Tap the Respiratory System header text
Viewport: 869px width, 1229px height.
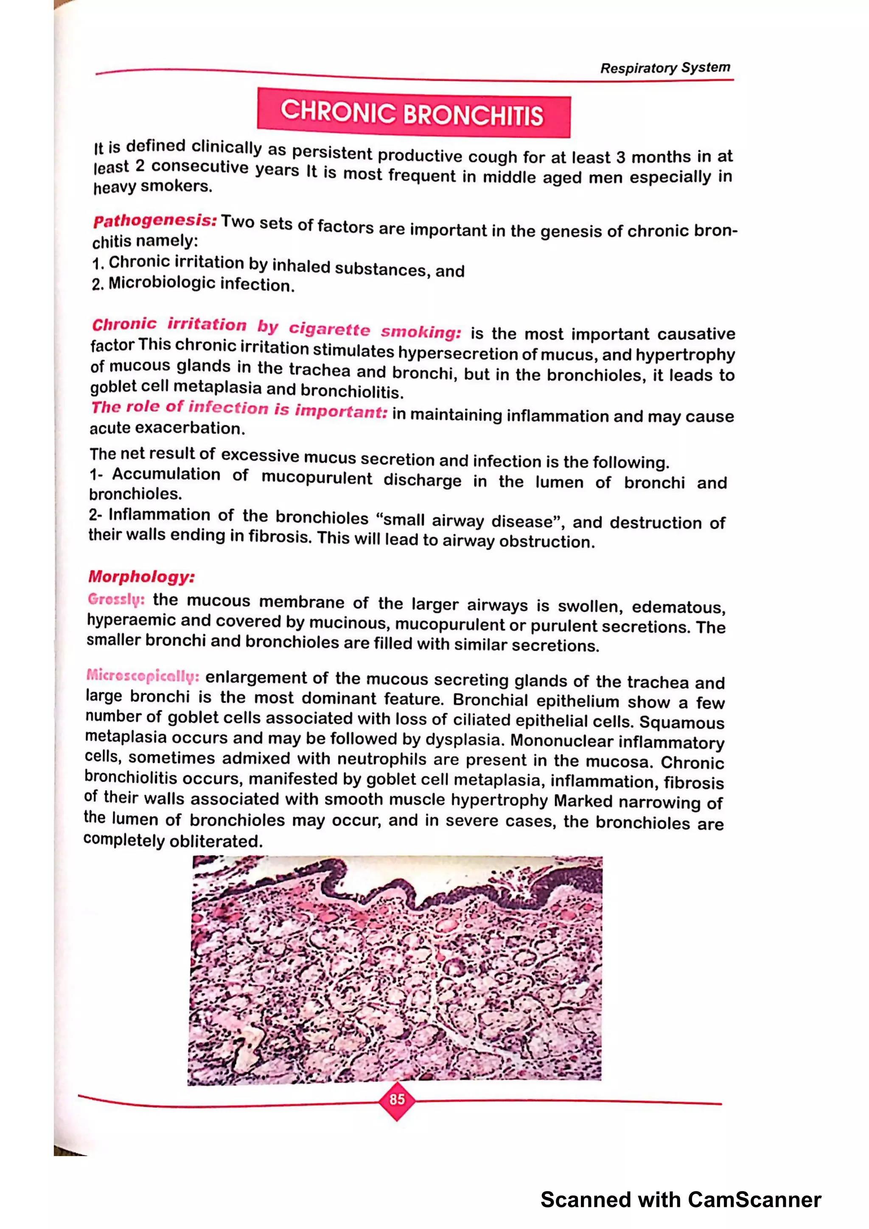tap(664, 68)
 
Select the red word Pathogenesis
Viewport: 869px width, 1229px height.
tap(154, 220)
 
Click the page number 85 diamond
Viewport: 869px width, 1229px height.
tap(397, 1100)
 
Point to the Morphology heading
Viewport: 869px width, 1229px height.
tap(141, 576)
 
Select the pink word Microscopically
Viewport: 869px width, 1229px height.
tap(143, 676)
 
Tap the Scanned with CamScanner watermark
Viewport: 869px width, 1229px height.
tap(680, 1200)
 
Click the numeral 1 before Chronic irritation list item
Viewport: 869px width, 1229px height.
tap(96, 263)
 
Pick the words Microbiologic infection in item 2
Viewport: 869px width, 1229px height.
tap(201, 284)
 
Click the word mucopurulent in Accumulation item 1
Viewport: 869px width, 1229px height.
tap(317, 478)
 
